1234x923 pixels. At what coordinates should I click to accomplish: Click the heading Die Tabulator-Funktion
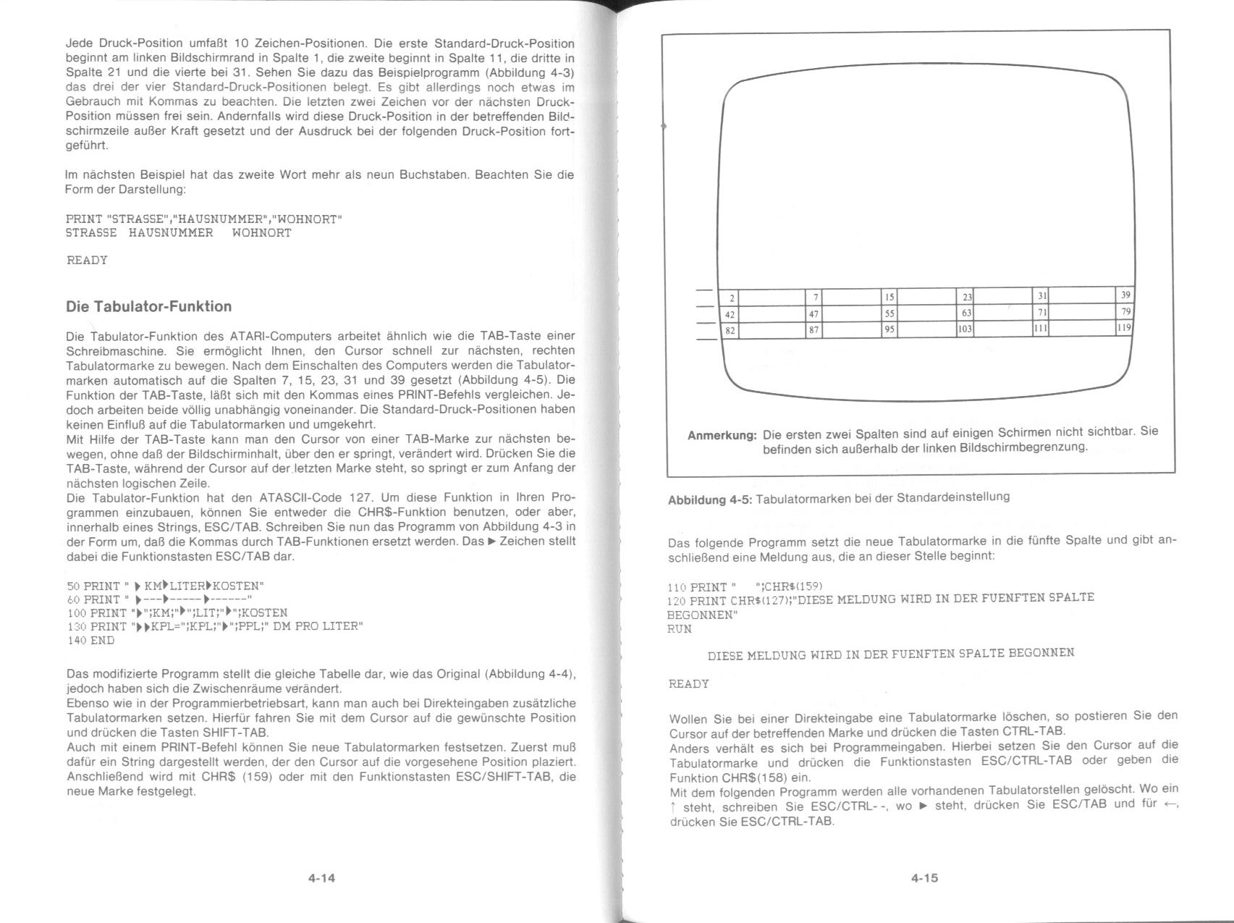(148, 306)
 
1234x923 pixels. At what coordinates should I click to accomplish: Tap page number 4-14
(321, 878)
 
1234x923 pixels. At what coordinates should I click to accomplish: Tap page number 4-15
(924, 878)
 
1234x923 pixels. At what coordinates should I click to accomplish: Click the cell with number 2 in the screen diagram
(732, 298)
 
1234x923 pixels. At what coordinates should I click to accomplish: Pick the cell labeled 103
(965, 329)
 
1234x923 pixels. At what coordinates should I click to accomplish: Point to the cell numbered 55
(889, 313)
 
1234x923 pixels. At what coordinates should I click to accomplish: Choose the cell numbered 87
(813, 329)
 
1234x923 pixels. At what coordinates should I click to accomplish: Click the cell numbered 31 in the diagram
(1041, 296)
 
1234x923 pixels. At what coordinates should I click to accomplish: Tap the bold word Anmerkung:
(722, 436)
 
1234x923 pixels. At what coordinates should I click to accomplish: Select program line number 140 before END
(75, 641)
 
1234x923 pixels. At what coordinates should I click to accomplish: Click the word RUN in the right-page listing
(679, 629)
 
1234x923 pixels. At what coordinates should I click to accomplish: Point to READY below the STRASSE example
(87, 260)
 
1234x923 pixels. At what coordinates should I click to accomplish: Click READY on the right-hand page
(688, 684)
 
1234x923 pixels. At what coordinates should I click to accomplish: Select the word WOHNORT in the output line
(261, 233)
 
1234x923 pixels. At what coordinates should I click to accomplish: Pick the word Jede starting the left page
(78, 43)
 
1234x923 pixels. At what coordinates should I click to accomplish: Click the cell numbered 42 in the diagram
(730, 314)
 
